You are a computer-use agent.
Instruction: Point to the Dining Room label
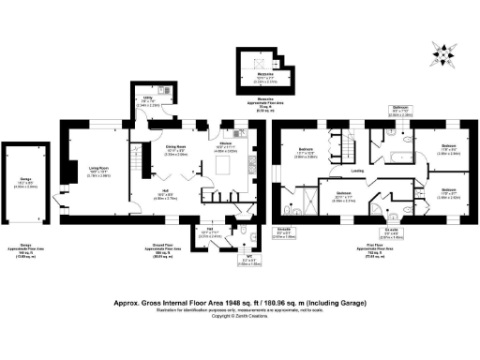[176, 149]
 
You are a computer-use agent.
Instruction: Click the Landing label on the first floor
[357, 172]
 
